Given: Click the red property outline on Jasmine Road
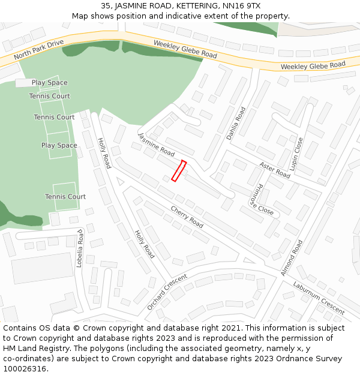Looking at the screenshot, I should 179,171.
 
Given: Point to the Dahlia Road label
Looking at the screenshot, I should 236,124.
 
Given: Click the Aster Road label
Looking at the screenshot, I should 275,169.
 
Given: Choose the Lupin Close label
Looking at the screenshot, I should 297,153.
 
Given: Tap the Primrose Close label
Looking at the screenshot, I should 261,199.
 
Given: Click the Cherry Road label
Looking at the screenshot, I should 187,217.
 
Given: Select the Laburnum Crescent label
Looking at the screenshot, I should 319,298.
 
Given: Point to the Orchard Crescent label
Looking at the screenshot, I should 167,292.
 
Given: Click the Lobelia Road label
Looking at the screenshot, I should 79,247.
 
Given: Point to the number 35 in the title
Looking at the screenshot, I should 106,6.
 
